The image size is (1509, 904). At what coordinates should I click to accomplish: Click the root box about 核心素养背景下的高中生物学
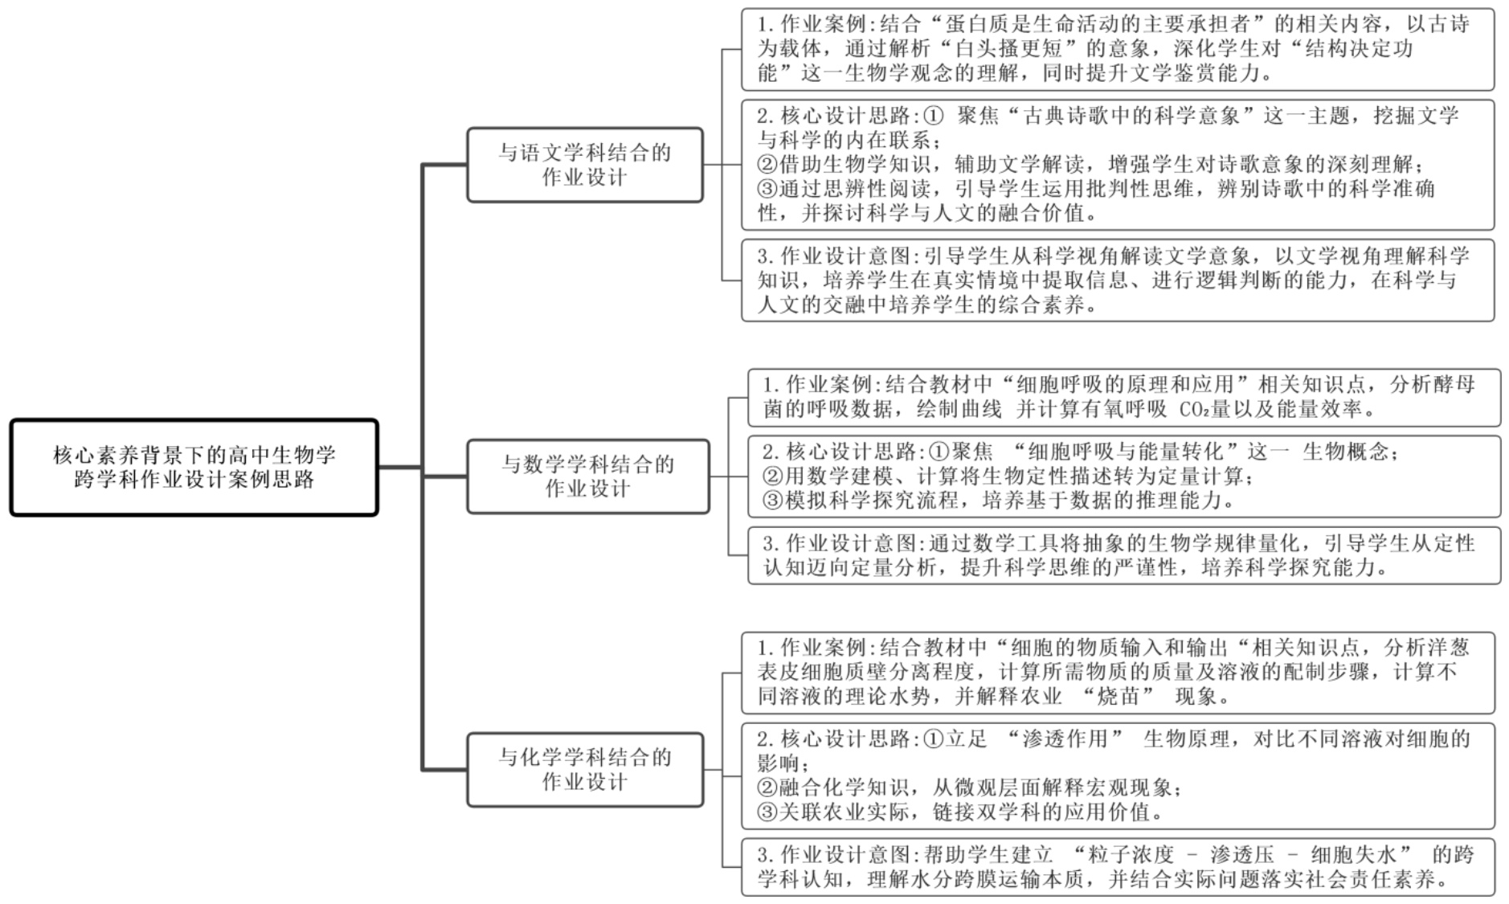(x=194, y=467)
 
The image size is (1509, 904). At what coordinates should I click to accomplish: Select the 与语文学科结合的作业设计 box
(x=584, y=165)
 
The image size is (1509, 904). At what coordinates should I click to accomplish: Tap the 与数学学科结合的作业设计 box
(x=587, y=476)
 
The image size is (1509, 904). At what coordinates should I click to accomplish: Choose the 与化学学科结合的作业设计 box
(x=584, y=769)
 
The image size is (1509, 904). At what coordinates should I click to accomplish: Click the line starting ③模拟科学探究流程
(x=996, y=501)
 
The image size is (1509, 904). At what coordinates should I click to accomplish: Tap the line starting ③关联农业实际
(x=960, y=812)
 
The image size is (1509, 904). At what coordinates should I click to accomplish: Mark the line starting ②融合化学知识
(x=968, y=787)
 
